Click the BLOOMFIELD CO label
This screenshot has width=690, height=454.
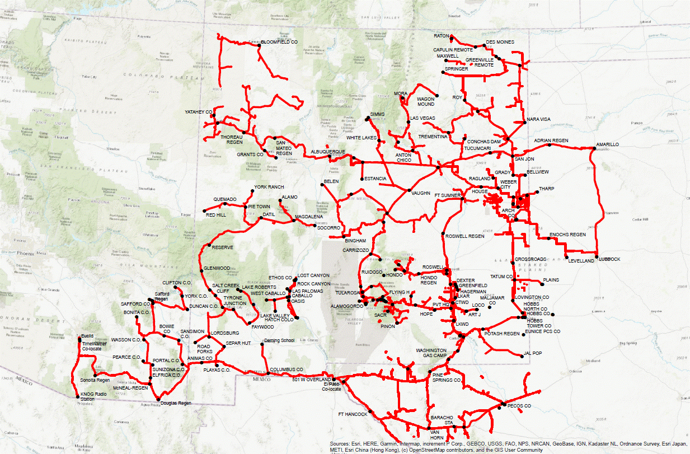click(278, 43)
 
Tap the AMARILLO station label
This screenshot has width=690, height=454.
click(607, 144)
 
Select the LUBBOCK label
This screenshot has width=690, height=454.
click(610, 259)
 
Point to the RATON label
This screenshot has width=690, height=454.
click(442, 36)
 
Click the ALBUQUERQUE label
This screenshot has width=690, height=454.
click(328, 152)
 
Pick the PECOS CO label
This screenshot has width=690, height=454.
click(519, 405)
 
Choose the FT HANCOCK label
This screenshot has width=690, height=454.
click(353, 414)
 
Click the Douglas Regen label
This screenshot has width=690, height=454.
click(176, 403)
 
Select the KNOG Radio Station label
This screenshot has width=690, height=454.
click(93, 396)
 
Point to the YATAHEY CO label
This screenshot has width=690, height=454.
click(199, 113)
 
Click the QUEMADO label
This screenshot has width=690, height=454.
click(225, 199)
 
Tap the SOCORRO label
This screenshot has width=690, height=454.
click(328, 228)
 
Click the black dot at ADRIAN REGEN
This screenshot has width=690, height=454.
click(550, 145)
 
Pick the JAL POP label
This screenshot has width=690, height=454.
click(533, 353)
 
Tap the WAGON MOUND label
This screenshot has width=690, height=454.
click(425, 102)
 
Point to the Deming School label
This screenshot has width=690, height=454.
click(279, 340)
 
